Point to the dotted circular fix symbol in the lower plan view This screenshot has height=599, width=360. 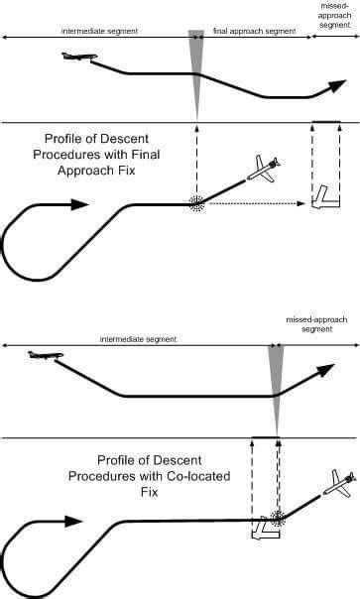coord(277,518)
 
